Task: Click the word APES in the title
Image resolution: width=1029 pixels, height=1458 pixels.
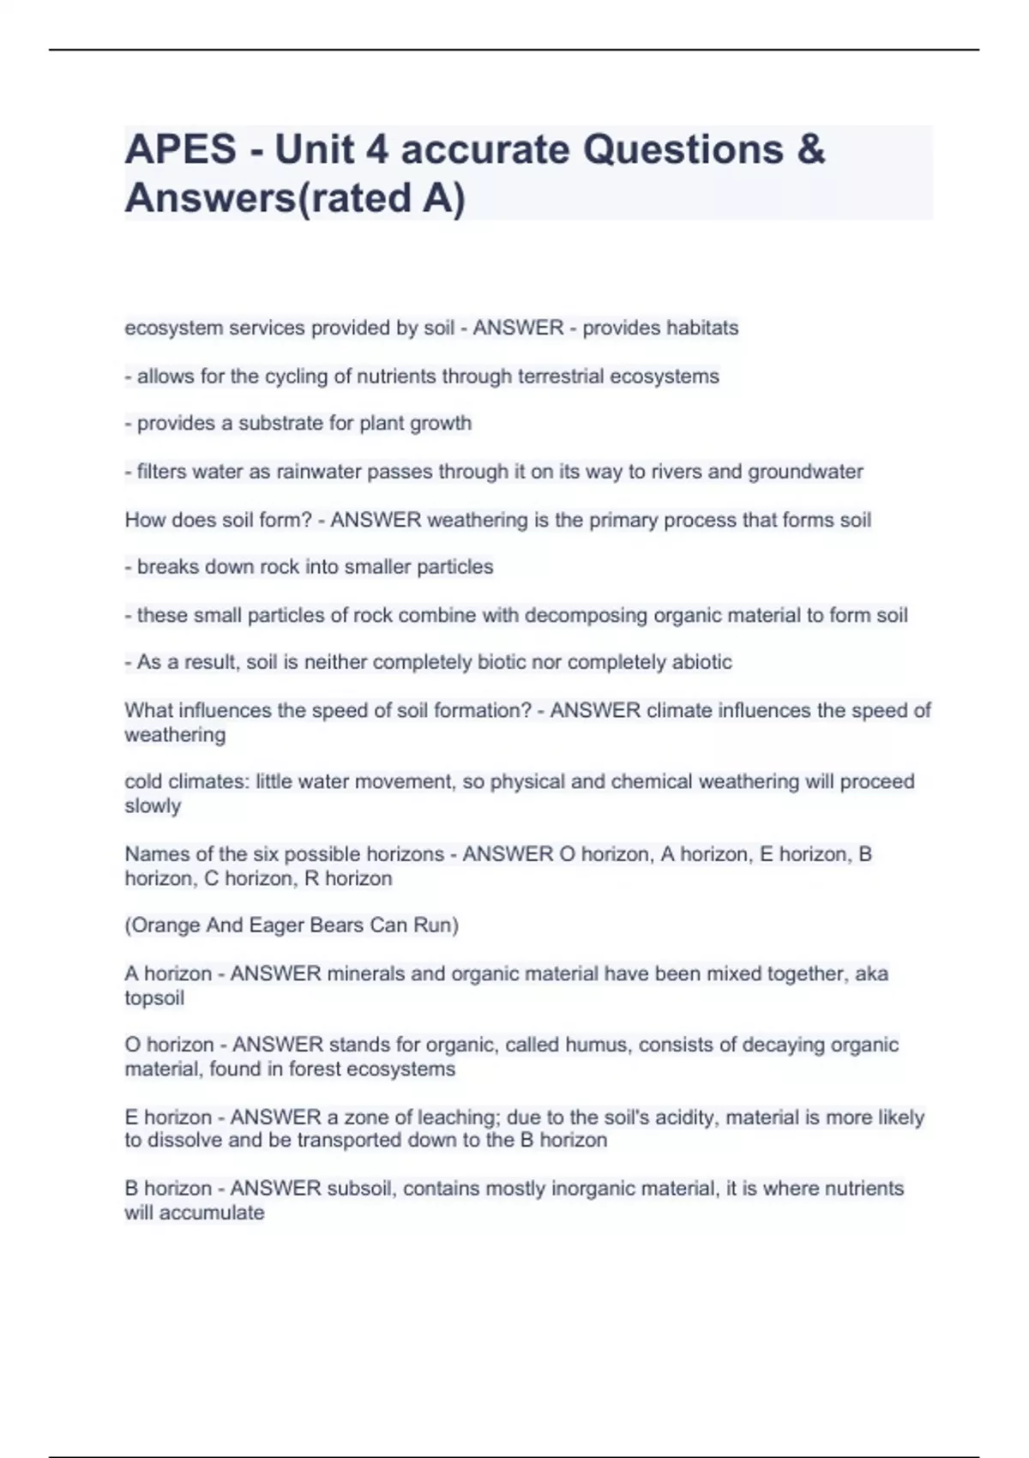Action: click(180, 149)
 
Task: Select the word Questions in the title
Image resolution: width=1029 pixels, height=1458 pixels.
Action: click(683, 149)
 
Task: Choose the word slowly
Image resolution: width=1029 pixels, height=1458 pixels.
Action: click(153, 806)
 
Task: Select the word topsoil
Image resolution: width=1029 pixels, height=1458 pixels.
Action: click(154, 998)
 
